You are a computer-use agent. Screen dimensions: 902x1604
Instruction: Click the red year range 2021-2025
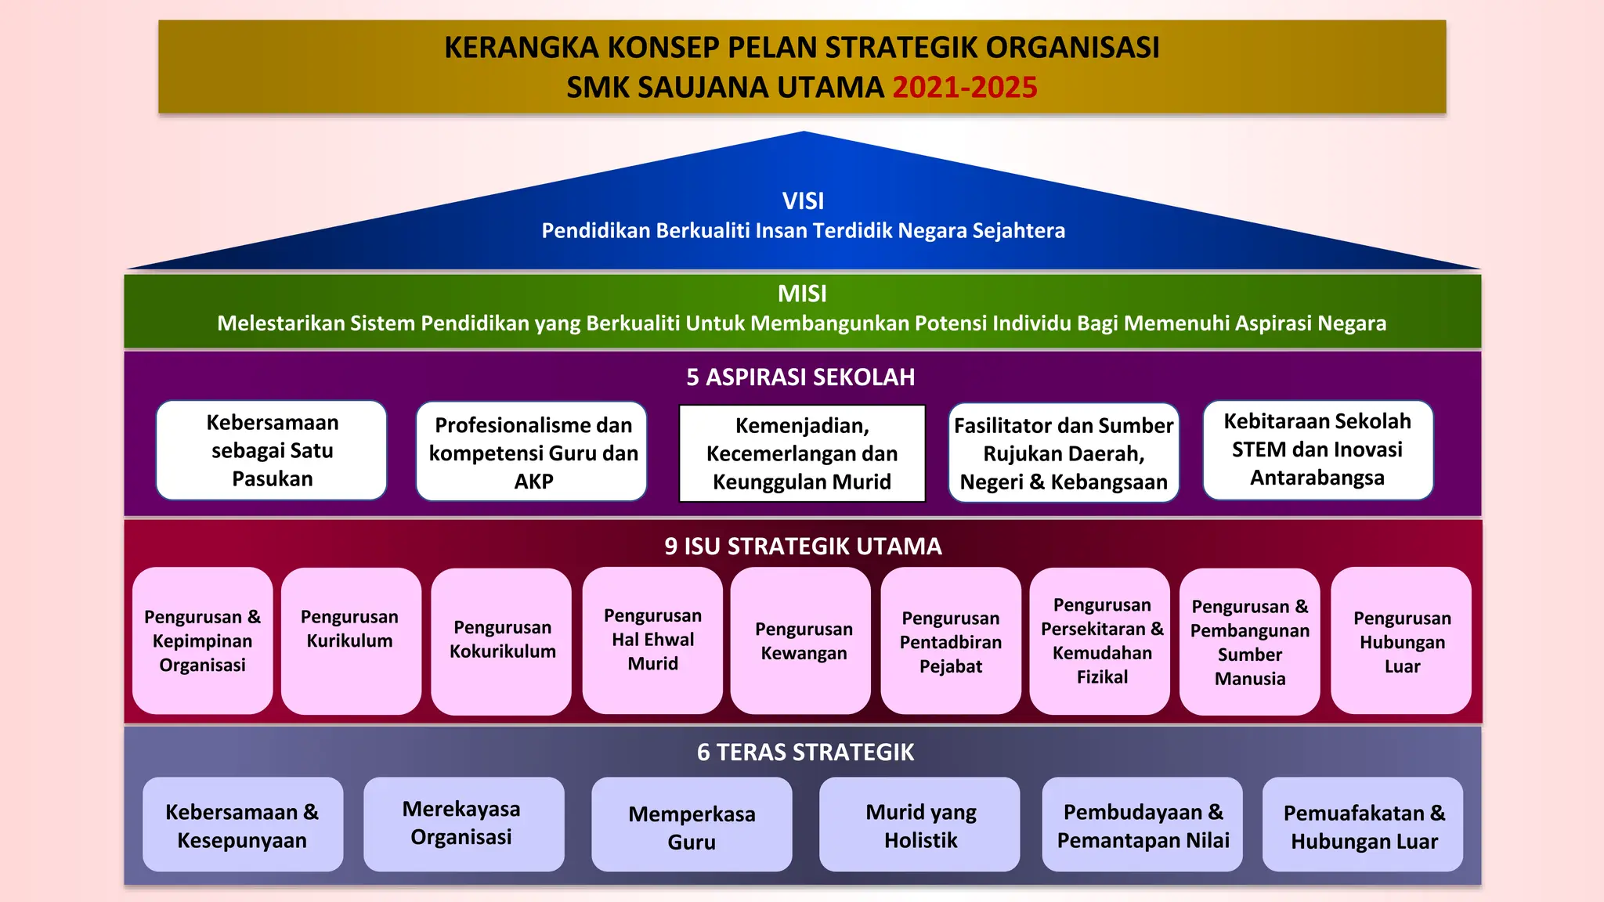[964, 87]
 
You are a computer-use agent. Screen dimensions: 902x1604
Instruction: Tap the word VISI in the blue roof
[803, 200]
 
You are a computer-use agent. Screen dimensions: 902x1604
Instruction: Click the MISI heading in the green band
[802, 294]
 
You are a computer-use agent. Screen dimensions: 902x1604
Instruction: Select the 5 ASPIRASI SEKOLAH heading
[800, 377]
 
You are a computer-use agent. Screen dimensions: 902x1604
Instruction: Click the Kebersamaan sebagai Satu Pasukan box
[272, 450]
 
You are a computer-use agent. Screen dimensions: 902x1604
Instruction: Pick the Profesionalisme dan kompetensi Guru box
[533, 452]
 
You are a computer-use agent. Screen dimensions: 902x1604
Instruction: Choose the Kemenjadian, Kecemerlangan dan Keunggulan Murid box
[802, 453]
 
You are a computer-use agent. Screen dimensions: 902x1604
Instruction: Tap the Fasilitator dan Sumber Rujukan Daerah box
[1063, 453]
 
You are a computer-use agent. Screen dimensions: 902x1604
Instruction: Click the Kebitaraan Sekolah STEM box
[1317, 449]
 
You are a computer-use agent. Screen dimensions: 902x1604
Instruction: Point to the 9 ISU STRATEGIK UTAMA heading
[803, 546]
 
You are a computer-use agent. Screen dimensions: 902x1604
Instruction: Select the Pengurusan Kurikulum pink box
[350, 640]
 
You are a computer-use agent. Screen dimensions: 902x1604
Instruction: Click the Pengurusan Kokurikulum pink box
[502, 640]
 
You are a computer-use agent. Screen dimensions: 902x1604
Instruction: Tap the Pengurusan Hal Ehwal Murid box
[652, 640]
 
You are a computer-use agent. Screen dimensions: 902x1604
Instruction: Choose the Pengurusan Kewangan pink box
[803, 640]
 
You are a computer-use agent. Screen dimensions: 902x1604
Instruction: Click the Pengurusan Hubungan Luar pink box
[1401, 640]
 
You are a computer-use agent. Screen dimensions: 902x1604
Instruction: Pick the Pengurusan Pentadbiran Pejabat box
[950, 640]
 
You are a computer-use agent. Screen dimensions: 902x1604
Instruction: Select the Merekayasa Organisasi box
[463, 824]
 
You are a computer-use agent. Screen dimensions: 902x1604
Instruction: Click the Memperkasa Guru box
[692, 826]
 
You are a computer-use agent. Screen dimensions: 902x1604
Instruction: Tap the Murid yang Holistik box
[920, 825]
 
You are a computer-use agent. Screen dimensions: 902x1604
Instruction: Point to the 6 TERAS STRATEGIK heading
[805, 752]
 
